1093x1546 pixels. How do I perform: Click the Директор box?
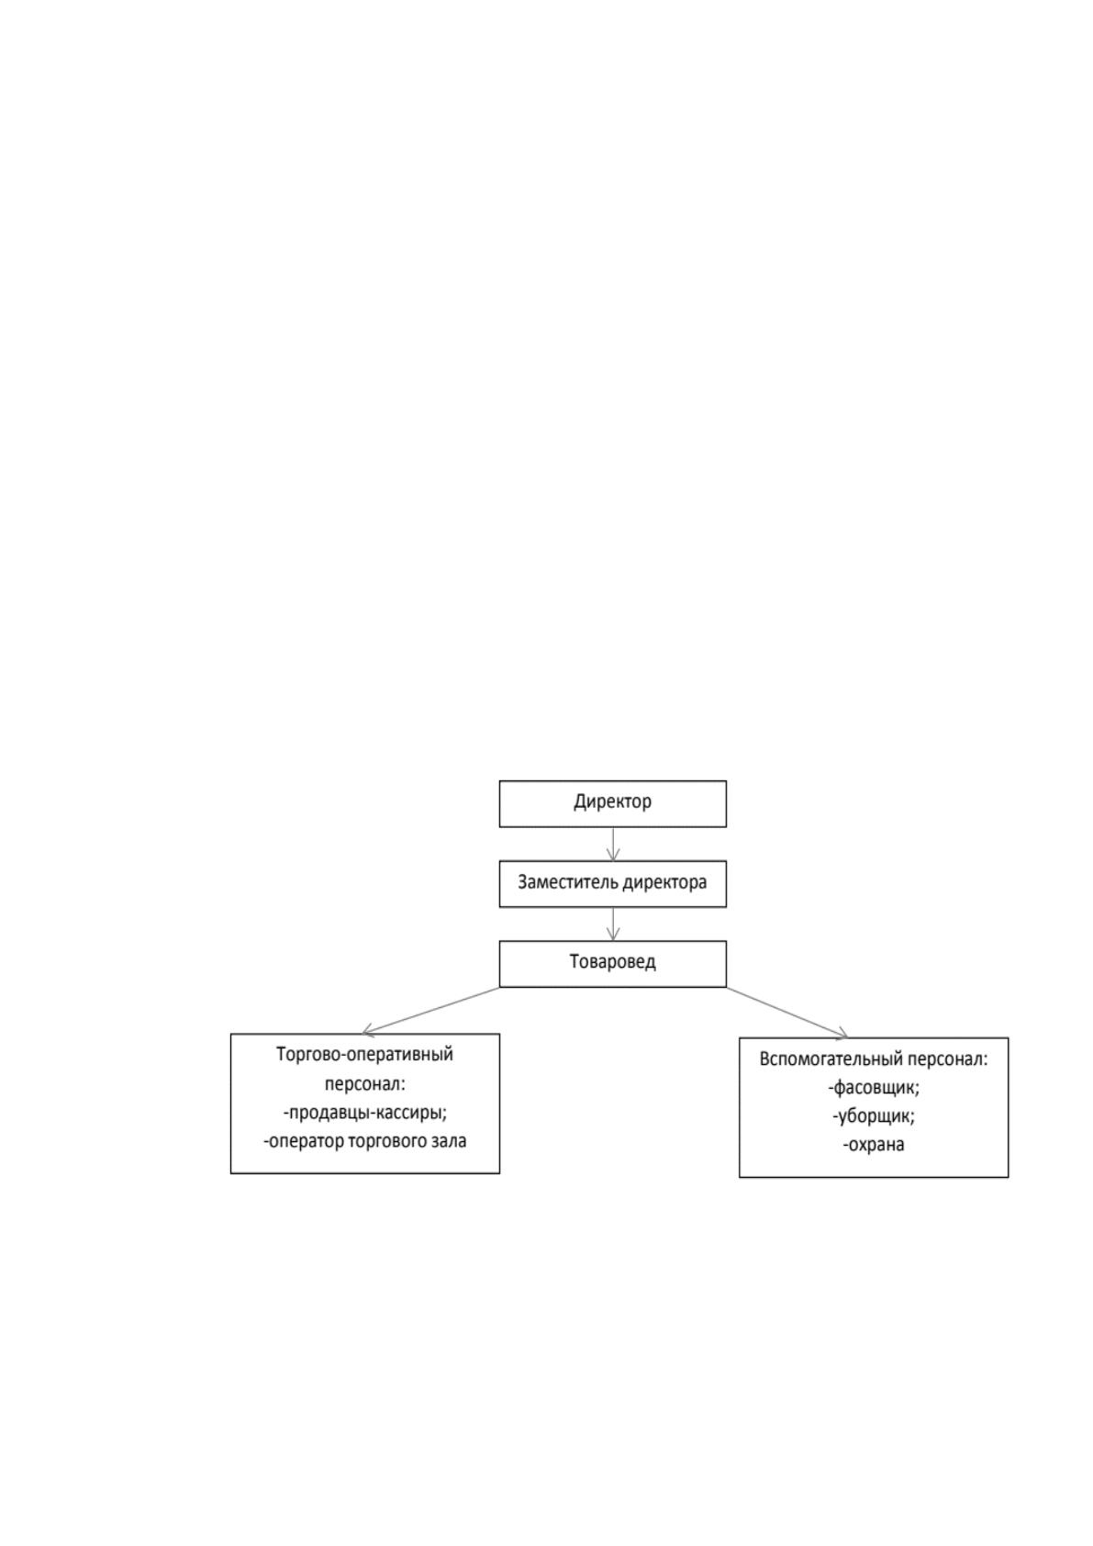(x=612, y=803)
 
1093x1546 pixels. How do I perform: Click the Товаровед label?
(x=612, y=961)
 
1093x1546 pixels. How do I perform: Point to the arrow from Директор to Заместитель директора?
(x=613, y=844)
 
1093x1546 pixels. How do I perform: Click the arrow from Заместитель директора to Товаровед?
(x=613, y=924)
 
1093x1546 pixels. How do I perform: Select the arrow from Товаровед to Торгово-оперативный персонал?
(x=430, y=1011)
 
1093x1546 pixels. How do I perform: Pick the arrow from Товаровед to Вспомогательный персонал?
(x=786, y=1012)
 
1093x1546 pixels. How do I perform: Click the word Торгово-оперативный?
(x=364, y=1055)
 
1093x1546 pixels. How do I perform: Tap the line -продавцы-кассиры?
(x=364, y=1113)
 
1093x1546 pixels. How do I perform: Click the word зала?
(x=448, y=1141)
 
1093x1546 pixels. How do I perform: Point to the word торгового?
(x=387, y=1142)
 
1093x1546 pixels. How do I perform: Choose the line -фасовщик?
(x=874, y=1089)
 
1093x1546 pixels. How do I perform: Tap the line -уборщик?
(x=874, y=1116)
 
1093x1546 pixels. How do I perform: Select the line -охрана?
(x=874, y=1145)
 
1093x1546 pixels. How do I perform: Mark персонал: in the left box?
(x=364, y=1084)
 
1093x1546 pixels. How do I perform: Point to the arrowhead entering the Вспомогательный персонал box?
(x=842, y=1035)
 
